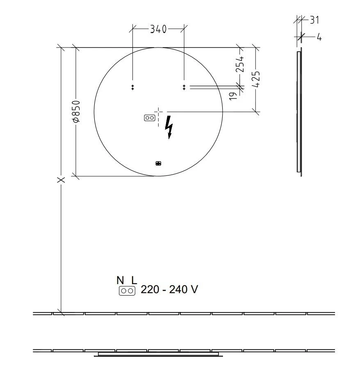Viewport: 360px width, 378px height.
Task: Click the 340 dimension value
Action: (x=158, y=29)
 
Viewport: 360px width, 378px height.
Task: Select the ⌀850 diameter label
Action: (x=76, y=112)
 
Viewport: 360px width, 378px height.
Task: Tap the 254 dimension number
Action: (x=240, y=64)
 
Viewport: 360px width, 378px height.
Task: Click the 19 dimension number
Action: (x=233, y=96)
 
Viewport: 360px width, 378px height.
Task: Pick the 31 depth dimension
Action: (x=314, y=20)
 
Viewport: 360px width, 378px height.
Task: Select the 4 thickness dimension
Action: (x=319, y=37)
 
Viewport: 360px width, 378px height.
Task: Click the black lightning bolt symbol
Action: (x=169, y=127)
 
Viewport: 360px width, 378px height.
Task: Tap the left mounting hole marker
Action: (x=132, y=87)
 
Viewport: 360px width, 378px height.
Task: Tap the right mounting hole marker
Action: (x=184, y=87)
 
